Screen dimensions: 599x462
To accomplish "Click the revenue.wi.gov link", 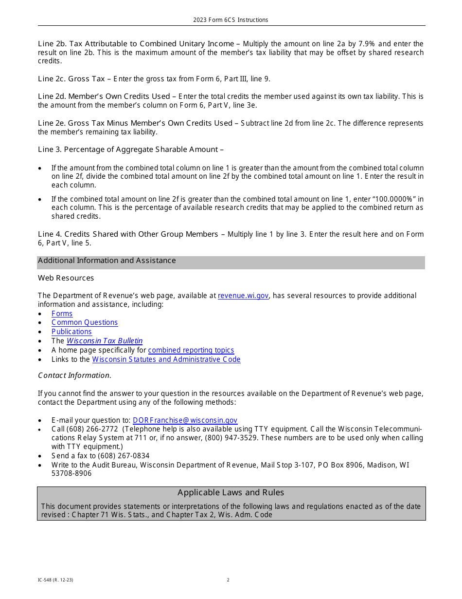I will (243, 296).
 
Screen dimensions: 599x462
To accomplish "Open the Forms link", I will (62, 314).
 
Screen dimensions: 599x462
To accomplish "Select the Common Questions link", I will (85, 322).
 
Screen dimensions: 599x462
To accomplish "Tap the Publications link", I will (71, 332).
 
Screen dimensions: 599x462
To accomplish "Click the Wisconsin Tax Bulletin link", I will (105, 341).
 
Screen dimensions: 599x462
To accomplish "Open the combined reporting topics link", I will (191, 350).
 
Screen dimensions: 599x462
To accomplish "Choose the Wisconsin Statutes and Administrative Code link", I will (166, 359).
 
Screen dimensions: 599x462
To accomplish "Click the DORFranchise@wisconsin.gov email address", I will (185, 420).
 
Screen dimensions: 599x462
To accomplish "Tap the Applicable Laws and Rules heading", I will (231, 492).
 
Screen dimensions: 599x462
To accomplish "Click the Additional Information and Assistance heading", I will (107, 261).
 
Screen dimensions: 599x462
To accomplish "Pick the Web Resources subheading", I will (66, 278).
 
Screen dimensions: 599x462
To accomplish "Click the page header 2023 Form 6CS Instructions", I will (231, 20).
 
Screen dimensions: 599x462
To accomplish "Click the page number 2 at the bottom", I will (228, 580).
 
